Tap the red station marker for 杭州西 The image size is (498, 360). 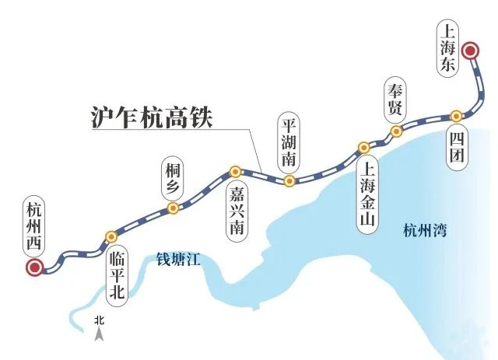pyautogui.click(x=34, y=269)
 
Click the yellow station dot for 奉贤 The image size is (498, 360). pyautogui.click(x=396, y=131)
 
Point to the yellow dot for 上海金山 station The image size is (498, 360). pyautogui.click(x=363, y=148)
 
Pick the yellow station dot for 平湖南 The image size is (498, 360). pyautogui.click(x=289, y=181)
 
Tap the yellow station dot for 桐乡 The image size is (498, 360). pyautogui.click(x=173, y=208)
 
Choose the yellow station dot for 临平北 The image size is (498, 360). pyautogui.click(x=111, y=236)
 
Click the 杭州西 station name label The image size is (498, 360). pyautogui.click(x=33, y=225)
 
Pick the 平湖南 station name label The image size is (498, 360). pyautogui.click(x=289, y=144)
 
